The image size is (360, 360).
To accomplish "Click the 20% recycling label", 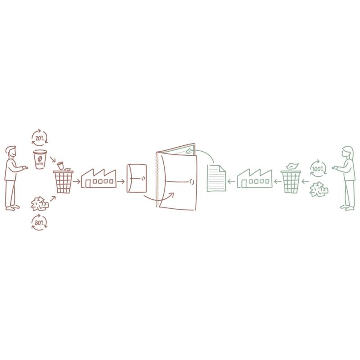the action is pyautogui.click(x=40, y=138).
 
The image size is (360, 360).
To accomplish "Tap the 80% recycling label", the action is pyautogui.click(x=39, y=223).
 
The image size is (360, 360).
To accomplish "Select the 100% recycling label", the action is pyautogui.click(x=318, y=169).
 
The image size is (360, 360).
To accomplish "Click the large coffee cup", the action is pyautogui.click(x=40, y=160).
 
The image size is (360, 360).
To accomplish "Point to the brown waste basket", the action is pyautogui.click(x=63, y=181).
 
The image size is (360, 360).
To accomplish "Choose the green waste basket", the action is pyautogui.click(x=291, y=181).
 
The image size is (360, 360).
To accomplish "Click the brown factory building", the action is pyautogui.click(x=99, y=179).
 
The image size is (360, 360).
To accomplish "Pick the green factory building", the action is pyautogui.click(x=255, y=178).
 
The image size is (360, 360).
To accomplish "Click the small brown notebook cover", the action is pyautogui.click(x=137, y=178).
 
